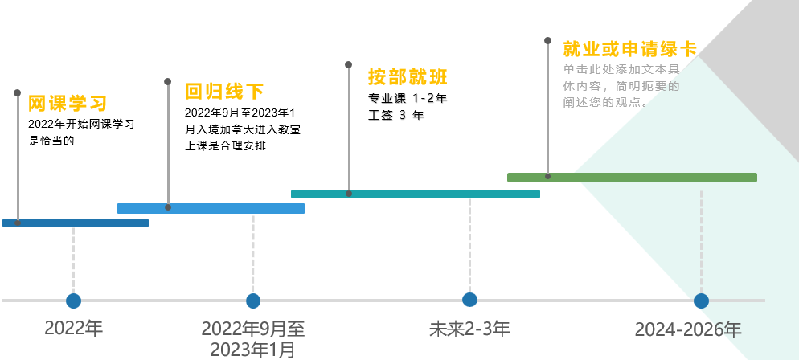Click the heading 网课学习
pyautogui.click(x=68, y=104)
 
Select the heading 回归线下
pyautogui.click(x=224, y=91)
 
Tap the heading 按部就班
pyautogui.click(x=408, y=77)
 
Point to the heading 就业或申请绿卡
pyautogui.click(x=629, y=48)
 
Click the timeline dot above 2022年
pyautogui.click(x=73, y=301)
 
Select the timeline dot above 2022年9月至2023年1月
pyautogui.click(x=253, y=301)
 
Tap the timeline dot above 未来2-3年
pyautogui.click(x=470, y=300)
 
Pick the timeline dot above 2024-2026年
pyautogui.click(x=701, y=301)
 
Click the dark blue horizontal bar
pyautogui.click(x=76, y=223)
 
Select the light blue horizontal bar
pyautogui.click(x=211, y=208)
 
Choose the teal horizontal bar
pyautogui.click(x=415, y=194)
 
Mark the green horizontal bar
pyautogui.click(x=632, y=178)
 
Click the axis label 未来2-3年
pyautogui.click(x=469, y=329)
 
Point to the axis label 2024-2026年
pyautogui.click(x=688, y=329)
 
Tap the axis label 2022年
pyautogui.click(x=74, y=328)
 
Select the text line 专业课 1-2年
pyautogui.click(x=408, y=99)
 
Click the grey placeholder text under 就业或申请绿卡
pyautogui.click(x=621, y=85)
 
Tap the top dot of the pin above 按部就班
pyautogui.click(x=348, y=64)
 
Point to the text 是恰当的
pyautogui.click(x=51, y=141)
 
